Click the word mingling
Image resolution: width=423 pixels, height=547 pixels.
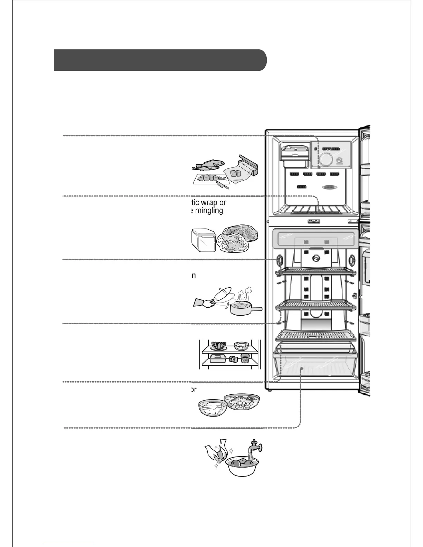click(209, 210)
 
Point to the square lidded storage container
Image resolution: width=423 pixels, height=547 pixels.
click(203, 239)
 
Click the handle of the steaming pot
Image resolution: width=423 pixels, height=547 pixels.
click(255, 309)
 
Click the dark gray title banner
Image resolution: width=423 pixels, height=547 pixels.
click(160, 60)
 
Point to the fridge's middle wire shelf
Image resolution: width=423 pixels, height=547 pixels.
click(316, 305)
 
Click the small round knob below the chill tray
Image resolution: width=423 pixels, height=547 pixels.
click(316, 258)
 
